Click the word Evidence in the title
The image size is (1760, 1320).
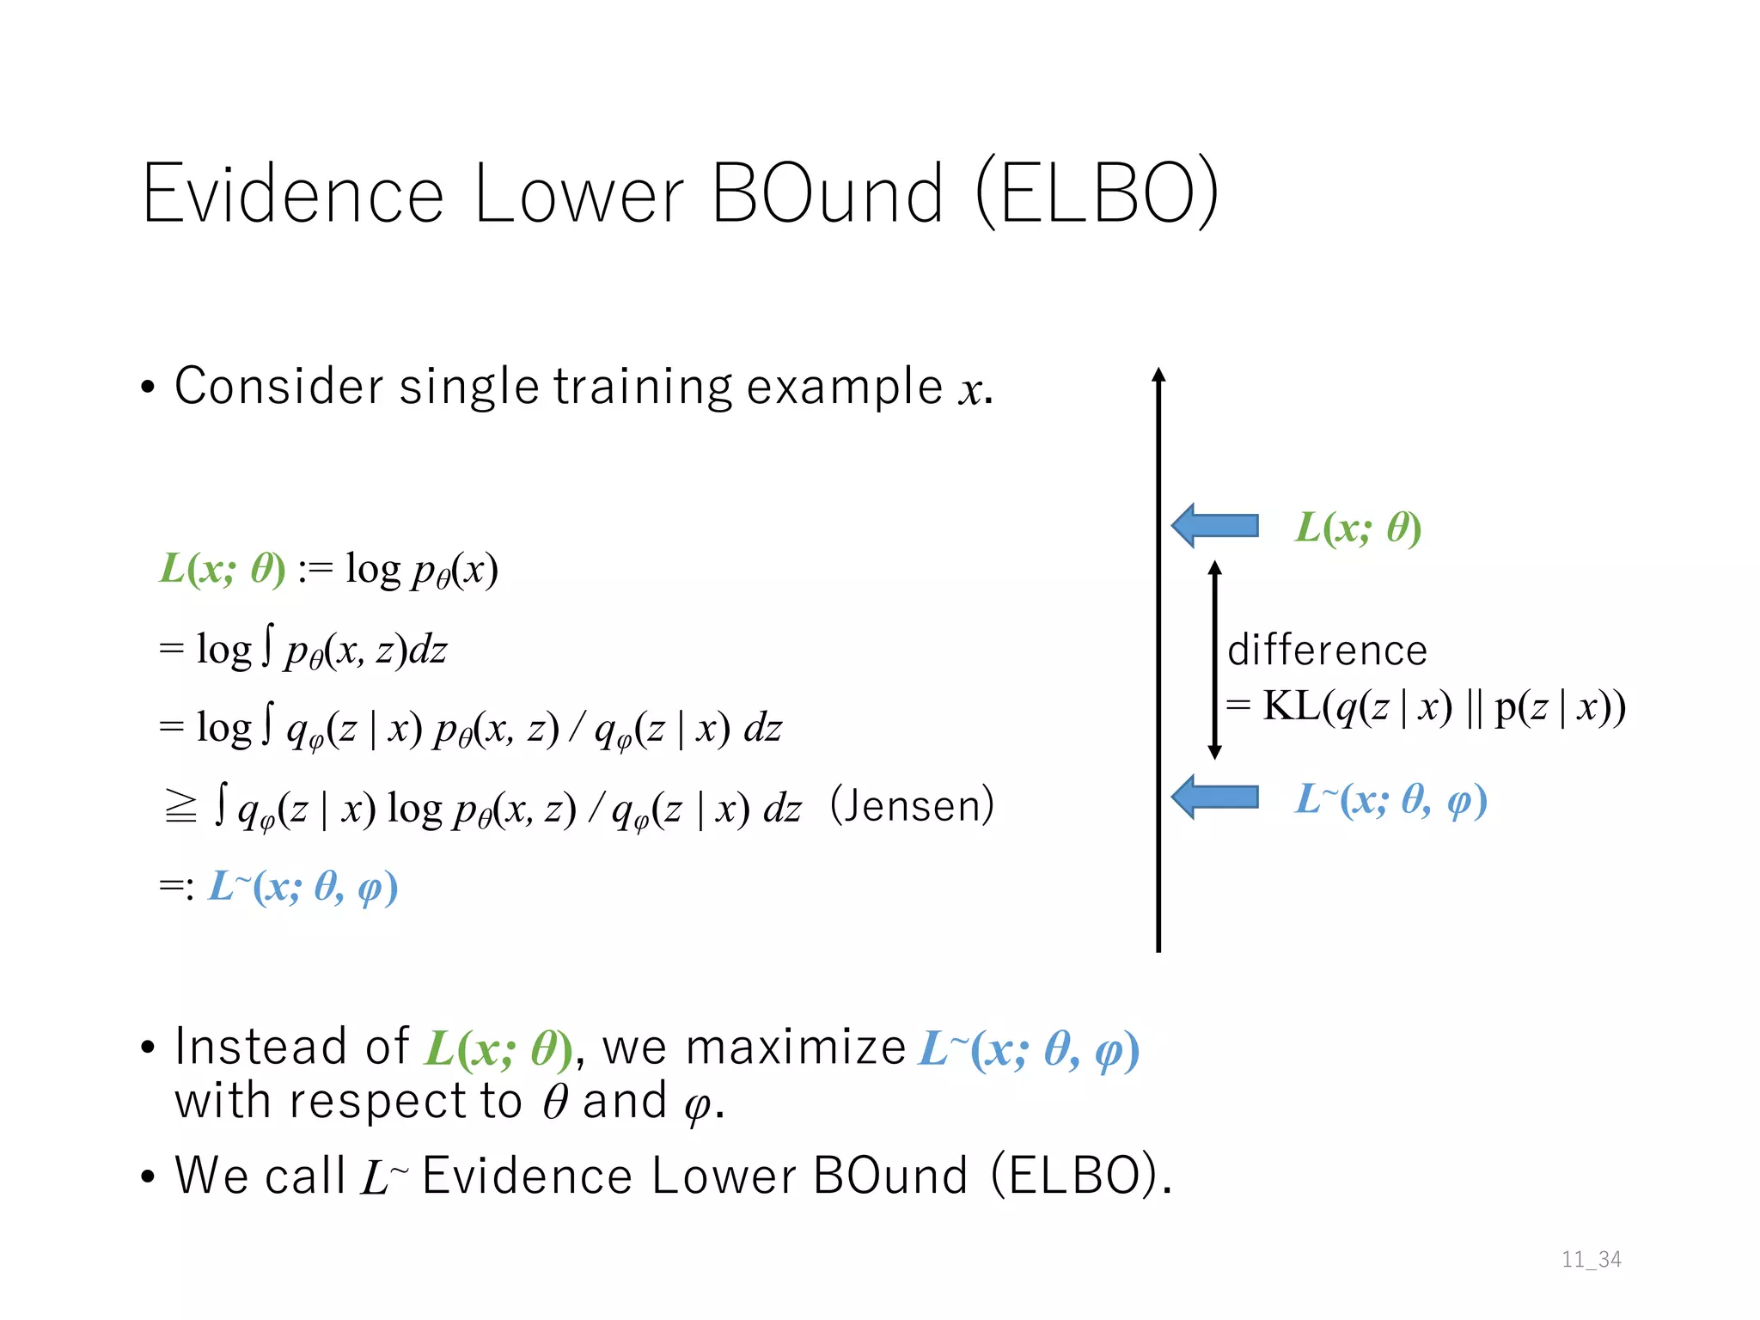click(292, 194)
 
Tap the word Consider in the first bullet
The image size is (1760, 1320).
click(278, 386)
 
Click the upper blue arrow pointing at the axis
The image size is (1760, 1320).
click(1215, 525)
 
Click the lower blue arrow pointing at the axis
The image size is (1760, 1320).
click(1215, 797)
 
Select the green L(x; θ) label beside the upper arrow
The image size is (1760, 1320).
click(1358, 528)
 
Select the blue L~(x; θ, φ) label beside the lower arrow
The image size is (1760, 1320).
click(1390, 800)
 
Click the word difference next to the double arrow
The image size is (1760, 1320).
click(1327, 651)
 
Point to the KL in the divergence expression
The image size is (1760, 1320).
click(1292, 706)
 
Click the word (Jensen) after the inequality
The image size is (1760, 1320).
click(912, 806)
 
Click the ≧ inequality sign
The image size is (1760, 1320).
click(180, 807)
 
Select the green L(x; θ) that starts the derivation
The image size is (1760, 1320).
click(223, 569)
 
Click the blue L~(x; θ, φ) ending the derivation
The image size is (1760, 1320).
click(302, 887)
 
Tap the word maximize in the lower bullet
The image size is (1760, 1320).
click(796, 1048)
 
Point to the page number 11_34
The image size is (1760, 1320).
click(1591, 1260)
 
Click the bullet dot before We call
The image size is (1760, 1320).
click(148, 1176)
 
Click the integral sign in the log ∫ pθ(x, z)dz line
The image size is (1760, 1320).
click(267, 646)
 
